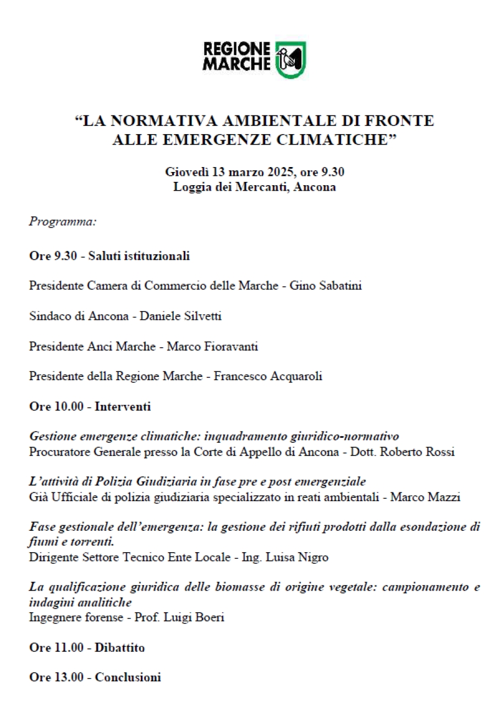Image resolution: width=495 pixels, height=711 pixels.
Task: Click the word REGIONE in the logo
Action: tap(237, 49)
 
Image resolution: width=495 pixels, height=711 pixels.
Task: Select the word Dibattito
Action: tap(119, 647)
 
